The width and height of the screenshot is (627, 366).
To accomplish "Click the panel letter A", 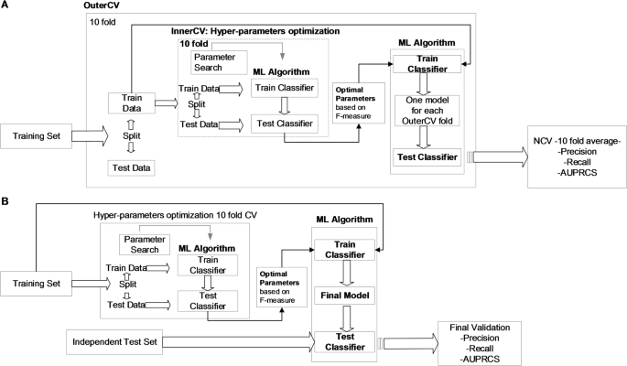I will point(6,6).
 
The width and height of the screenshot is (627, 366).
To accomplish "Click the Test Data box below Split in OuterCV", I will point(131,167).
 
